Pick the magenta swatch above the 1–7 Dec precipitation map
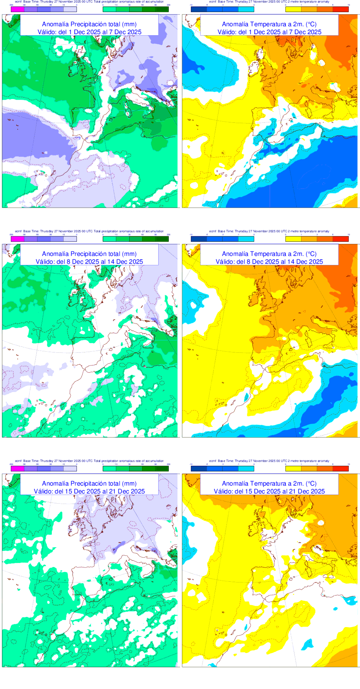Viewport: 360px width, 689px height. coord(17,9)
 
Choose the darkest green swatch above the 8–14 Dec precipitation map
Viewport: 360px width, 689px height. coord(162,239)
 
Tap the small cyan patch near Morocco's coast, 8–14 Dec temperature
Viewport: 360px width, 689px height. coord(247,397)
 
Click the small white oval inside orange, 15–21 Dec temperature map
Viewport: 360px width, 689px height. coord(321,523)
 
